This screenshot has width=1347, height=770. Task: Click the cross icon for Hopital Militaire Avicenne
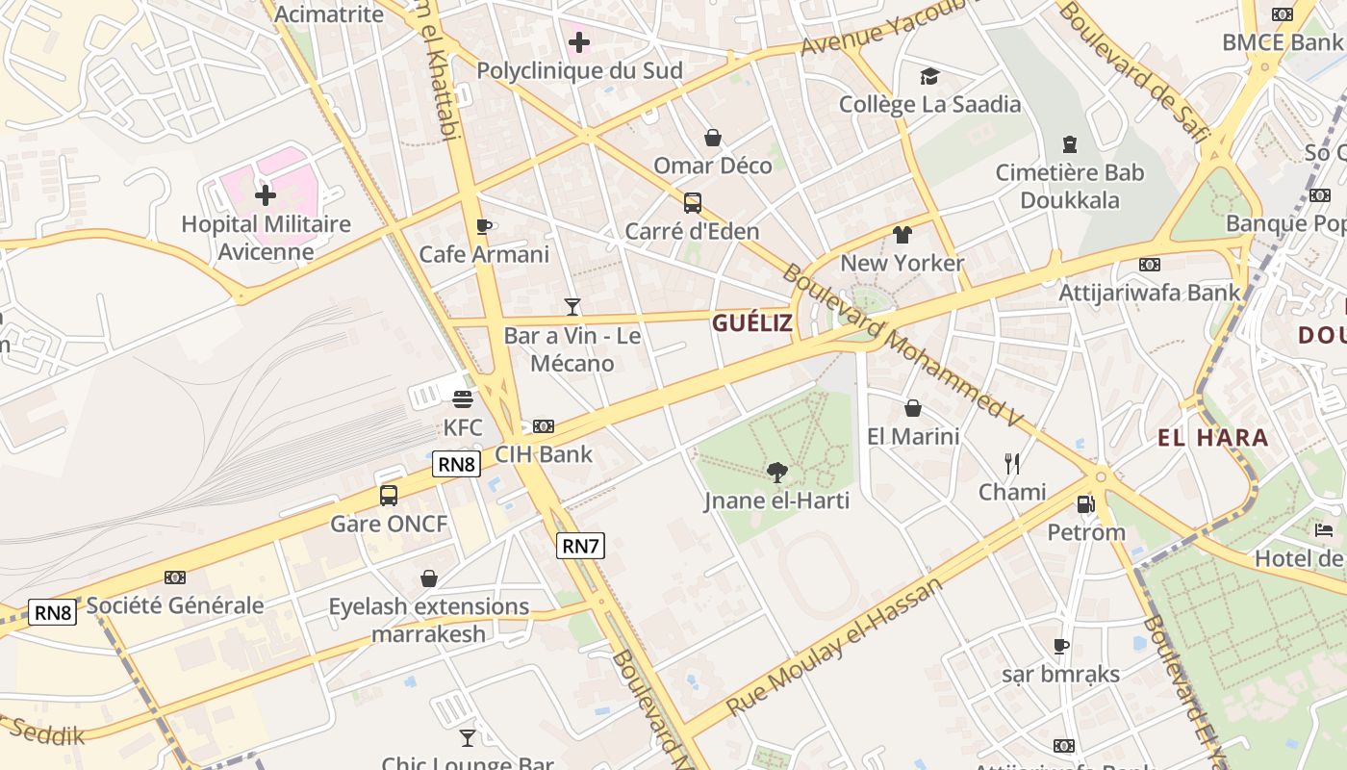coord(266,195)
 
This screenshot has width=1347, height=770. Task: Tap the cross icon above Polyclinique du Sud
coord(579,42)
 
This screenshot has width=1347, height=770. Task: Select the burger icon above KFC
coord(463,398)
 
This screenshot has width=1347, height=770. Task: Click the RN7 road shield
coord(581,546)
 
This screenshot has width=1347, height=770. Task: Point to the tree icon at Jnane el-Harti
coord(777,472)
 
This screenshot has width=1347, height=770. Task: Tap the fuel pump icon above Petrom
coord(1085,503)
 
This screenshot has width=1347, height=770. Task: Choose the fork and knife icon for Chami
coord(1012,464)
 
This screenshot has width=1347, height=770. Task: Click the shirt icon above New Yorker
coord(902,234)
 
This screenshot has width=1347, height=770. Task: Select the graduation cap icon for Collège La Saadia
coord(929,76)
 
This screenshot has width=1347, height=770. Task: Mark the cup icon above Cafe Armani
coord(484,226)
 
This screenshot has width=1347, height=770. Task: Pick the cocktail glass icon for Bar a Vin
coord(572,307)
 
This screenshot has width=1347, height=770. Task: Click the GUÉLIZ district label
coord(752,323)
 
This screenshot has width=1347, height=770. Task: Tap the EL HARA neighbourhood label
coord(1212,438)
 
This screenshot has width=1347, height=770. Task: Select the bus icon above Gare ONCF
coord(389,496)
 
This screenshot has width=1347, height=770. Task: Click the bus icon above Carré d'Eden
coord(692,203)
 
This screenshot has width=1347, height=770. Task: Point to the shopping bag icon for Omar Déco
coord(713,138)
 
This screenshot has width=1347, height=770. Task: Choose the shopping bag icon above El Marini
coord(913,408)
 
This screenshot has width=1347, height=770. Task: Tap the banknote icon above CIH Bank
coord(544,425)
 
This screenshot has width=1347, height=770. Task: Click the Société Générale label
coord(175,605)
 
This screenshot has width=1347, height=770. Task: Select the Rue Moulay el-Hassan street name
coord(835,647)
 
